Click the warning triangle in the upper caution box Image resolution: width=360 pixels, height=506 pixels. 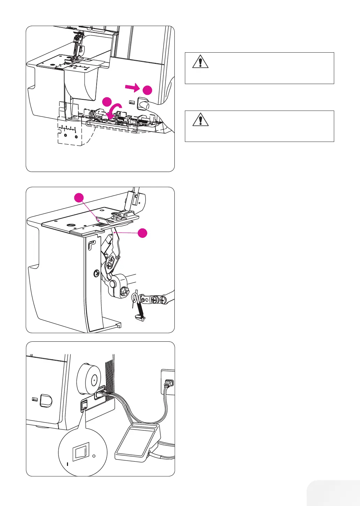click(x=200, y=62)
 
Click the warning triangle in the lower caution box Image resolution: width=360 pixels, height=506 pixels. click(x=201, y=120)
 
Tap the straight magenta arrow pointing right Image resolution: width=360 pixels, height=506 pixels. click(x=133, y=88)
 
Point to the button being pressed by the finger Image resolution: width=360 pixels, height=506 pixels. click(x=143, y=104)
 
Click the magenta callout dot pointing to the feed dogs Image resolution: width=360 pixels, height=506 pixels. click(x=80, y=198)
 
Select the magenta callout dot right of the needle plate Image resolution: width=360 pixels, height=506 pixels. click(x=142, y=233)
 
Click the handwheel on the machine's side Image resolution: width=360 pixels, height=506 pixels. click(x=89, y=379)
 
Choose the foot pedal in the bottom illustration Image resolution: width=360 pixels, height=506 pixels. click(x=137, y=441)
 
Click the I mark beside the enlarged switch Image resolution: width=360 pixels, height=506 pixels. click(x=68, y=464)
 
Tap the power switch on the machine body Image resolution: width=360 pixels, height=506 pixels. click(x=84, y=406)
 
